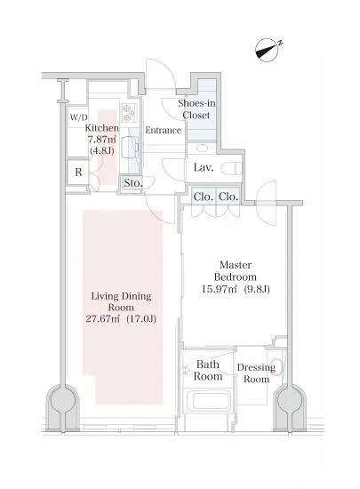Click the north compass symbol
point(267,50)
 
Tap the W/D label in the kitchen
point(78,117)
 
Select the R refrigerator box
point(78,172)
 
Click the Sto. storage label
point(132,183)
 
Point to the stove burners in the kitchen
point(128,113)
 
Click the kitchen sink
point(128,148)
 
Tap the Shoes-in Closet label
point(196,109)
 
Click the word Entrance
point(163,130)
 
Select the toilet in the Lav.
point(231,169)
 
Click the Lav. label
point(204,168)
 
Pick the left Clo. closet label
point(204,196)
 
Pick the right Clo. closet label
point(228,196)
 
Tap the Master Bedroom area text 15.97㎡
point(220,290)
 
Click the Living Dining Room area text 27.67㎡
point(103,319)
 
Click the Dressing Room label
point(256,373)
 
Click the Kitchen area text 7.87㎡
point(102,139)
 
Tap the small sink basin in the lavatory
point(204,148)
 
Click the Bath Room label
point(208,370)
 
